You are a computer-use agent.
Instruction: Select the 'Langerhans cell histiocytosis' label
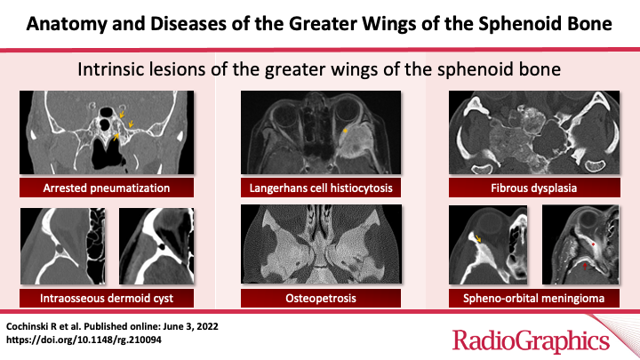pos(320,188)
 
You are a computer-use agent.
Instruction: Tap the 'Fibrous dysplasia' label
pos(535,188)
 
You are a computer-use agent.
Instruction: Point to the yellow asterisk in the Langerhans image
pos(345,131)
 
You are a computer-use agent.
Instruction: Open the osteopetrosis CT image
pos(320,243)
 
